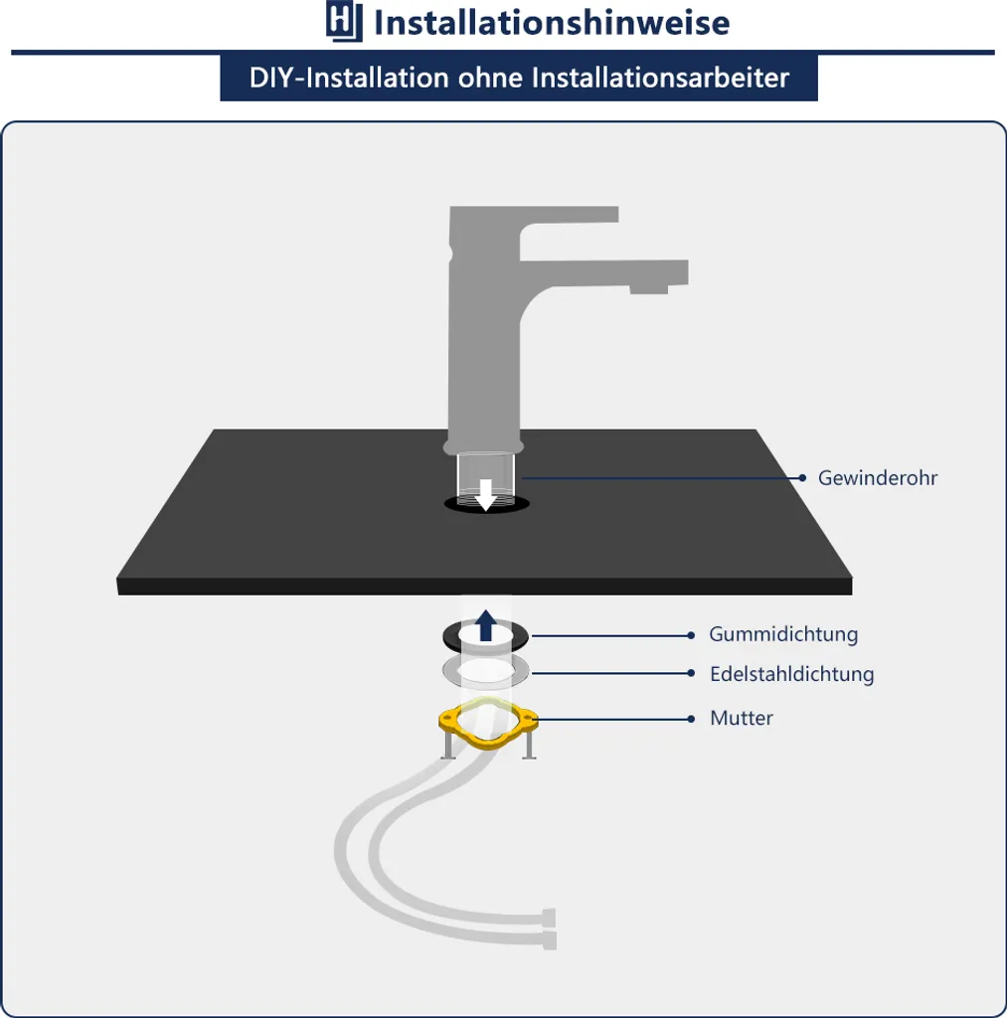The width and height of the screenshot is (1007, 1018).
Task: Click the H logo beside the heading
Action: tap(344, 22)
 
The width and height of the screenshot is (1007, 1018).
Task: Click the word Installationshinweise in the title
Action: tap(553, 23)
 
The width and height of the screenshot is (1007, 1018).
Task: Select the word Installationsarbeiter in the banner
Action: tap(660, 78)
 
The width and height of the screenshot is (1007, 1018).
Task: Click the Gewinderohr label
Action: tap(878, 478)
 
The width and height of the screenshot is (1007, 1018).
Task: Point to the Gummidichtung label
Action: tap(783, 634)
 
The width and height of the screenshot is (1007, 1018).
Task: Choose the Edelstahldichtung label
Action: tap(792, 674)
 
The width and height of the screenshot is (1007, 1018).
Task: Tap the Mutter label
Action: tap(742, 718)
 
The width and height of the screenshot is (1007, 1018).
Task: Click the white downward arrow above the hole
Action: tap(486, 495)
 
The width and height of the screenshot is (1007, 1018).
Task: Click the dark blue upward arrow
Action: tap(486, 625)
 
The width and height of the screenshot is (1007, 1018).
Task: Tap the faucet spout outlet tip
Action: tap(649, 289)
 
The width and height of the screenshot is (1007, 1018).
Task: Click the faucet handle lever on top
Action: tap(534, 215)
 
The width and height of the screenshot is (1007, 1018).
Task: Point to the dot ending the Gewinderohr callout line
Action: tap(802, 478)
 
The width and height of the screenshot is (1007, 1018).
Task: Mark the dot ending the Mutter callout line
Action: tap(691, 719)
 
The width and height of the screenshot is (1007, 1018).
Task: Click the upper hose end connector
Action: tap(549, 918)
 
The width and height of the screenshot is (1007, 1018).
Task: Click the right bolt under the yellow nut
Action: tap(529, 746)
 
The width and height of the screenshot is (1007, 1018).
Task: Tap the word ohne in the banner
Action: tap(490, 78)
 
